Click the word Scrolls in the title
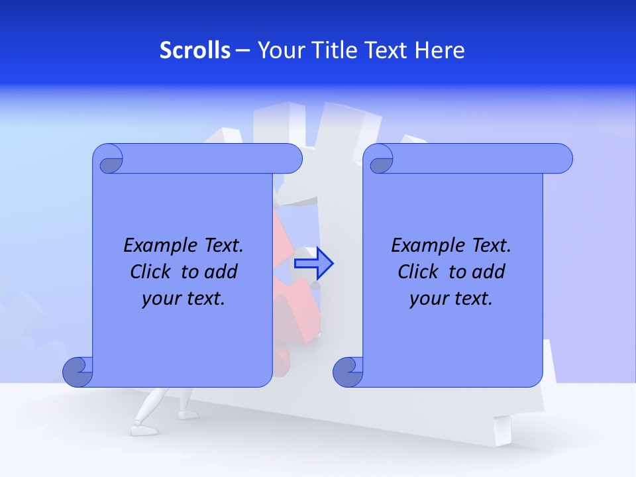point(195,50)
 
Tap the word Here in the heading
point(440,50)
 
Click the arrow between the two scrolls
point(314,264)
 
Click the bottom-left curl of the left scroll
point(78,371)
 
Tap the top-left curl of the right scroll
point(380,160)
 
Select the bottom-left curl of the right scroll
point(348,371)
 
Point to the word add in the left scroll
point(221,272)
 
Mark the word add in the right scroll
point(489,272)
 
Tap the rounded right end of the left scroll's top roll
point(291,159)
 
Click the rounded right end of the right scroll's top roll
point(562,159)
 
